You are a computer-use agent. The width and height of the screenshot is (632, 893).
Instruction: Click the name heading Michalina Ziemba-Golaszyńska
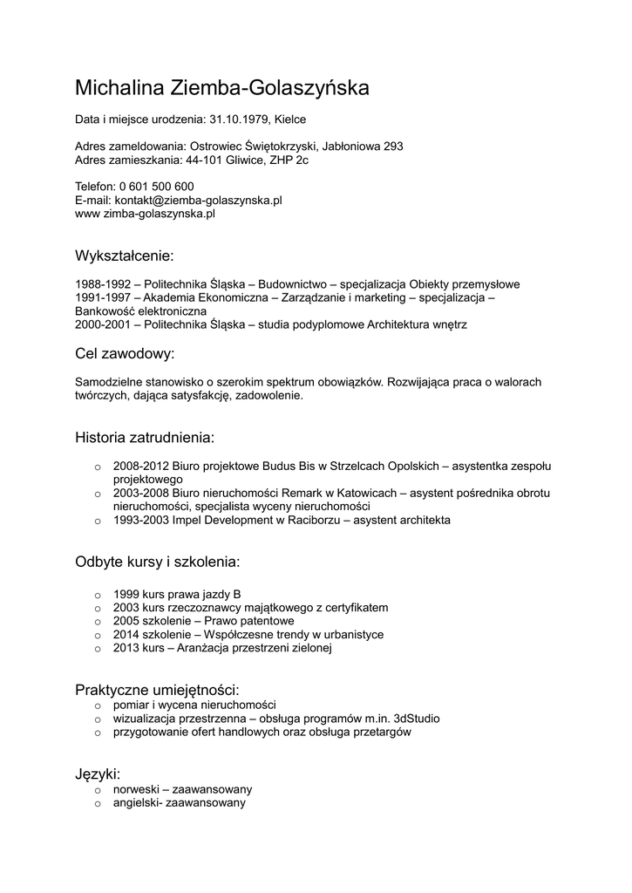[222, 88]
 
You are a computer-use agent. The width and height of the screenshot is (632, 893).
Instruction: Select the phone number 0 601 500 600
[157, 187]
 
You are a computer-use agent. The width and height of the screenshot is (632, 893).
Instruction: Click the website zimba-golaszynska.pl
[158, 214]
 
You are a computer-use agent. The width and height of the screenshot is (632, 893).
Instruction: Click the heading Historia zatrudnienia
[144, 436]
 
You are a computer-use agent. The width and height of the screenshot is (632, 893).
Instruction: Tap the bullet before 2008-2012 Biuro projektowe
[98, 467]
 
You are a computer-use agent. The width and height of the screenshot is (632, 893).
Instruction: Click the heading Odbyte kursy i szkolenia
[157, 561]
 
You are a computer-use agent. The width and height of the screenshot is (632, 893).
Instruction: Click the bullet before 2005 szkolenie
[98, 622]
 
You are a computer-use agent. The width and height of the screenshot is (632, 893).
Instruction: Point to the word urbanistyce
[351, 635]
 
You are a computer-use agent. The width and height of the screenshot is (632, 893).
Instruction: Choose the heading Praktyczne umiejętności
[157, 690]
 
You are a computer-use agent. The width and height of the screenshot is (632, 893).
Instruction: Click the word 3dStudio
[417, 719]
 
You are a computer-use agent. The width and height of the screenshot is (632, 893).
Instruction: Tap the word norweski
[135, 788]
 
